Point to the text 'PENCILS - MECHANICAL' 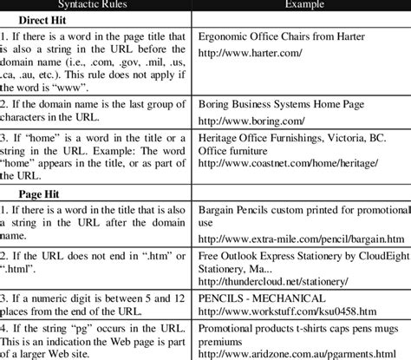coord(262,298)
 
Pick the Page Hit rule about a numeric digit coord(95,304)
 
